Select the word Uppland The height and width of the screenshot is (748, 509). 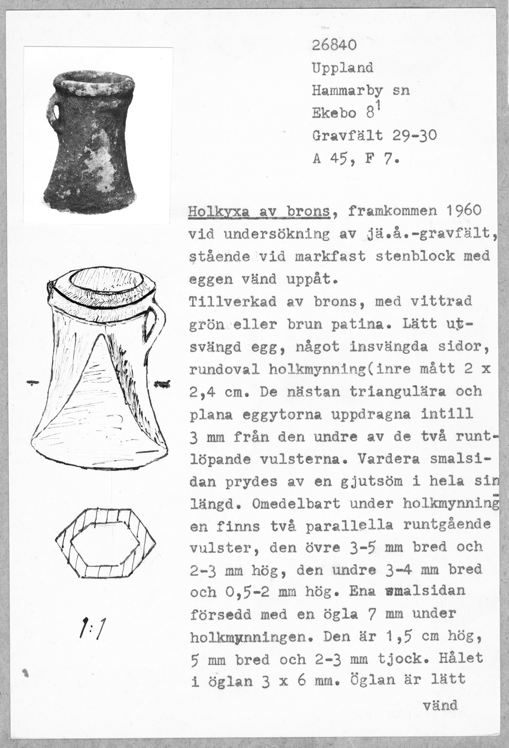pyautogui.click(x=342, y=68)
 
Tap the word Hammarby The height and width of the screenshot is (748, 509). pyautogui.click(x=347, y=91)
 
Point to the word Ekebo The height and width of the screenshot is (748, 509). pyautogui.click(x=334, y=113)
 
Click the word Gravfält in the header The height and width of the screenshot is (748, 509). pyautogui.click(x=348, y=136)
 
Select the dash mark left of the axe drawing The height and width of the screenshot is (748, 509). pyautogui.click(x=32, y=383)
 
